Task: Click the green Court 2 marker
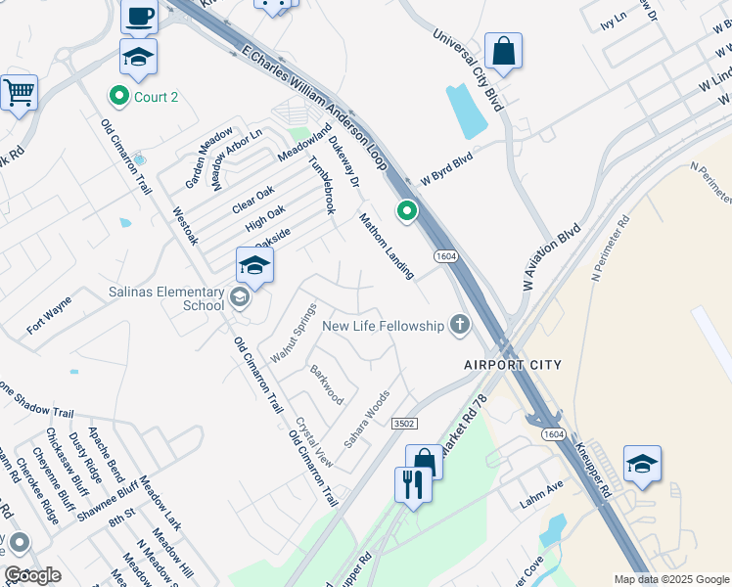point(119,96)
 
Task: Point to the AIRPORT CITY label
point(513,365)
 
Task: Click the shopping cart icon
point(19,93)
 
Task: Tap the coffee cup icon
point(139,17)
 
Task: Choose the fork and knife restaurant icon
point(412,483)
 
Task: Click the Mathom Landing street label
point(386,246)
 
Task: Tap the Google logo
point(32,576)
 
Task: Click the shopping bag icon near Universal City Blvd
point(503,52)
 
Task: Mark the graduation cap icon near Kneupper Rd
point(642,464)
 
